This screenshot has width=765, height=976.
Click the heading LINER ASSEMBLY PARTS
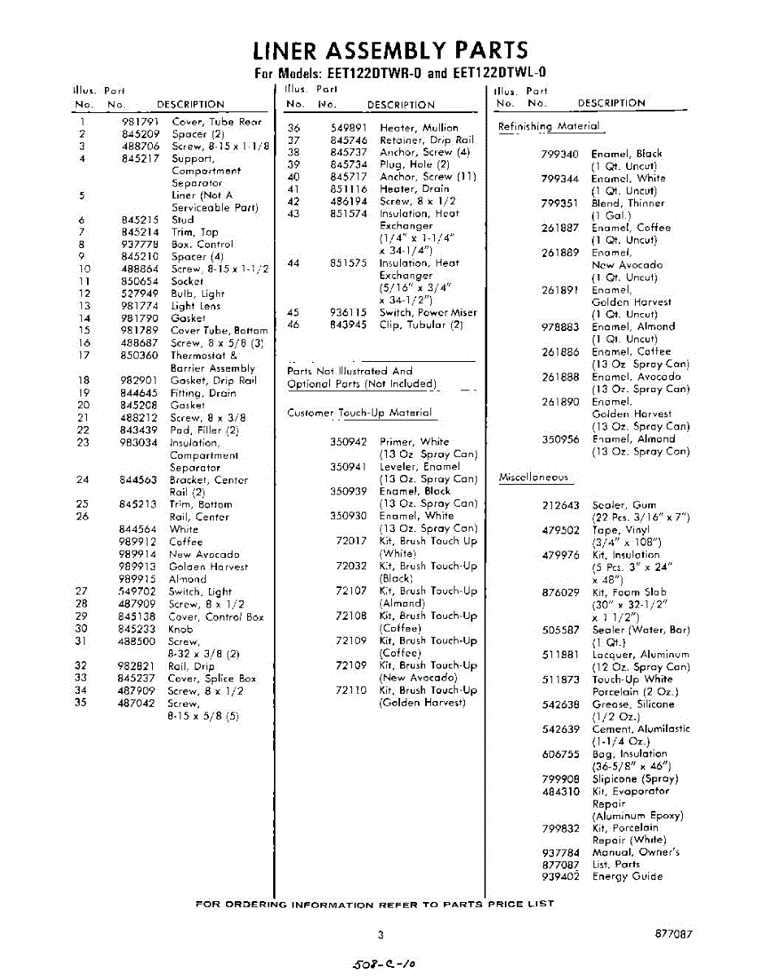pyautogui.click(x=390, y=50)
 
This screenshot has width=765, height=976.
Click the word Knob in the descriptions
pyautogui.click(x=180, y=629)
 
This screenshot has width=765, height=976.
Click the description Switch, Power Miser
pyautogui.click(x=428, y=313)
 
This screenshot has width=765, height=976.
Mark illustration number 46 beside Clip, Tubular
pyautogui.click(x=294, y=325)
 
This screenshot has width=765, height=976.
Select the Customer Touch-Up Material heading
pyautogui.click(x=360, y=413)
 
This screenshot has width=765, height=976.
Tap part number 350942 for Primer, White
pyautogui.click(x=348, y=442)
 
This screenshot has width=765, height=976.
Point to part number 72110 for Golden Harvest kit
pyautogui.click(x=351, y=691)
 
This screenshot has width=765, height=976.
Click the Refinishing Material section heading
pyautogui.click(x=549, y=127)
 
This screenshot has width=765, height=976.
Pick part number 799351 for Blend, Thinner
pyautogui.click(x=560, y=203)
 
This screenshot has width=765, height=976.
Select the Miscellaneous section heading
pyautogui.click(x=533, y=478)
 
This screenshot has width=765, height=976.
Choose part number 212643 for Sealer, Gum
pyautogui.click(x=561, y=505)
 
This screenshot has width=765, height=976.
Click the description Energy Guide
pyautogui.click(x=627, y=877)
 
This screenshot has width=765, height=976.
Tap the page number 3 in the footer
pyautogui.click(x=380, y=935)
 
